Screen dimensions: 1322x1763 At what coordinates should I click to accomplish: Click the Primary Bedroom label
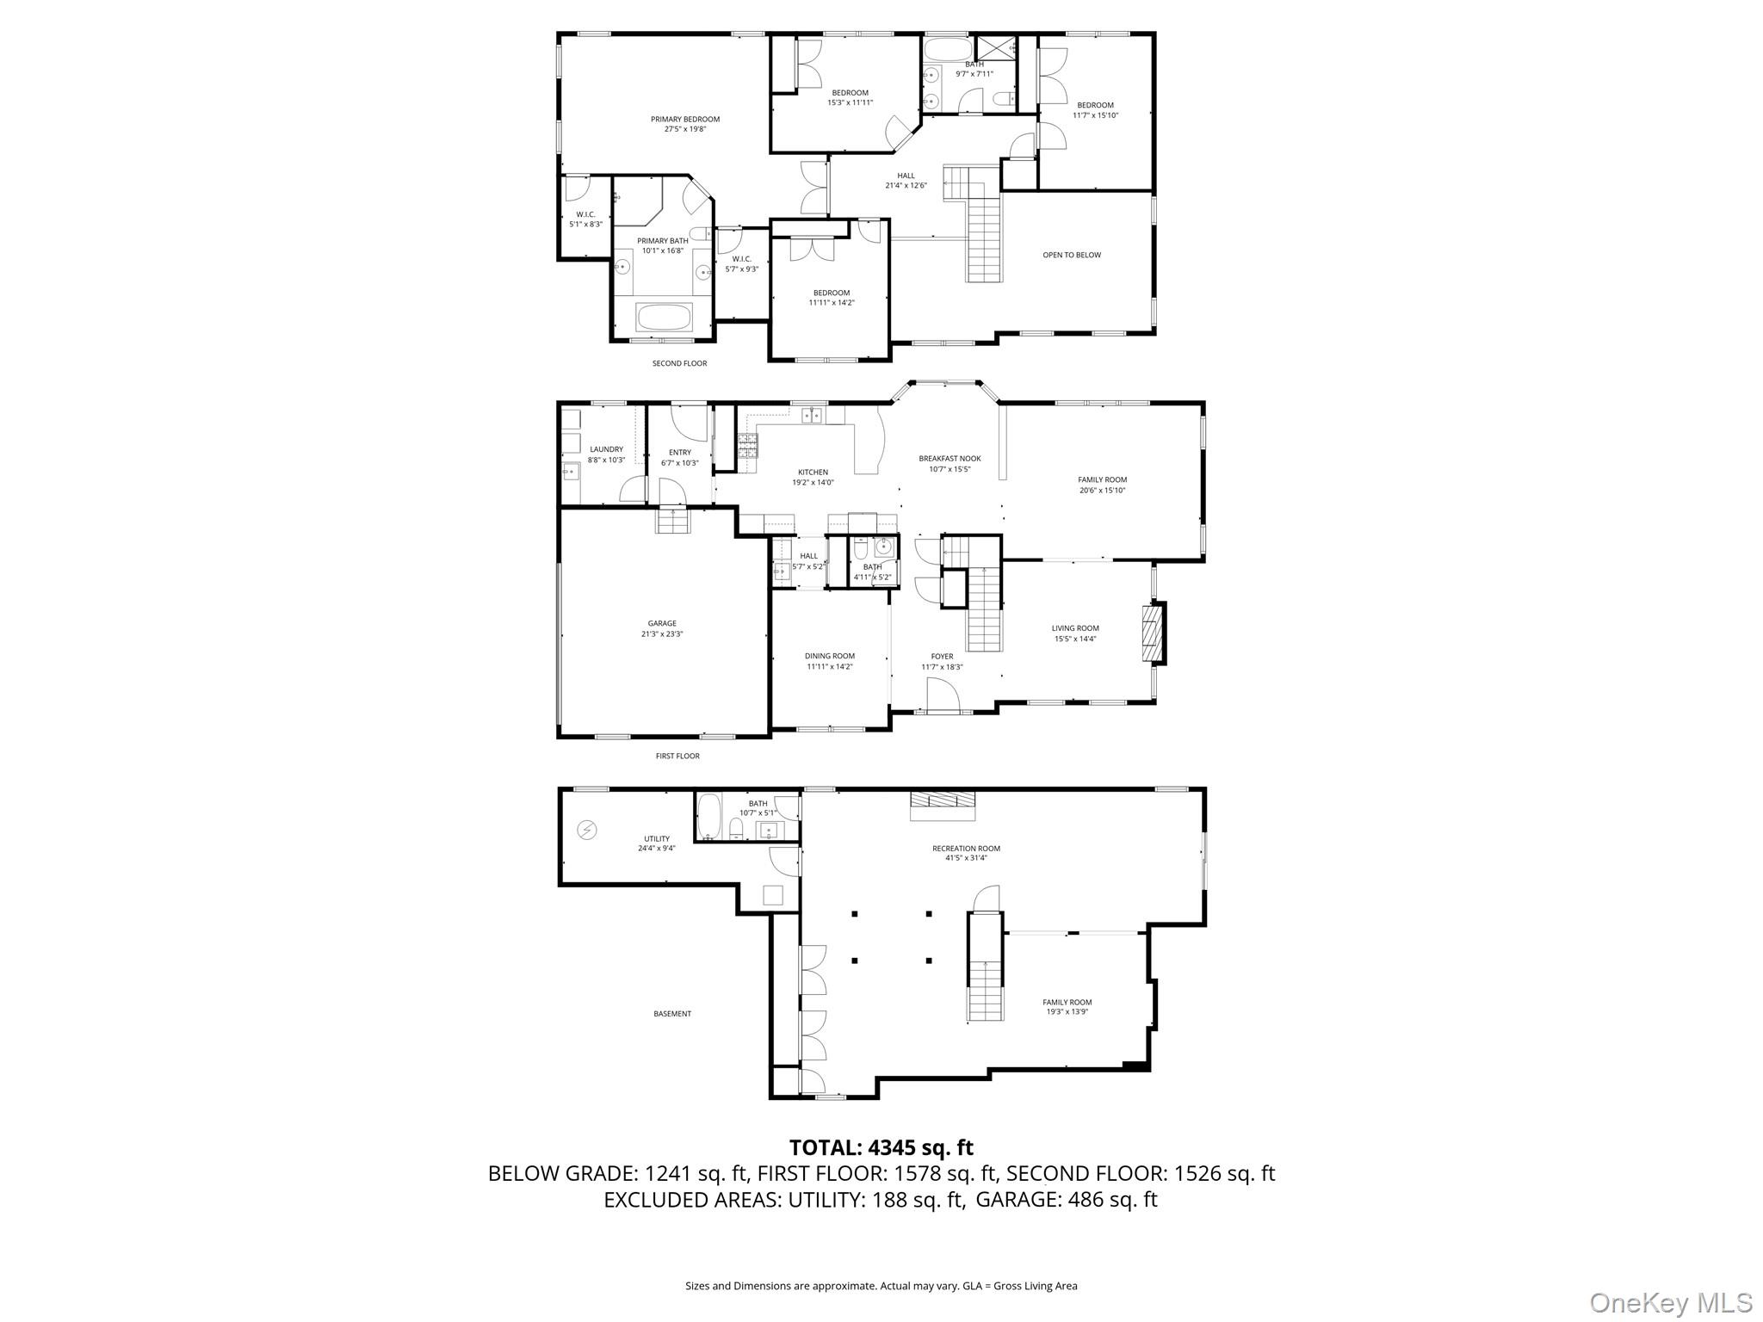tap(684, 124)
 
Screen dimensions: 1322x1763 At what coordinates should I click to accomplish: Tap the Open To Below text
tap(1071, 255)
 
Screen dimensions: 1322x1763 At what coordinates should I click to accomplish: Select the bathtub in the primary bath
tap(663, 317)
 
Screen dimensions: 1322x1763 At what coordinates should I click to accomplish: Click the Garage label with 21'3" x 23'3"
tap(662, 628)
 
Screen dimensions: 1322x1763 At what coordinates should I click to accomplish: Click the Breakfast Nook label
tap(950, 464)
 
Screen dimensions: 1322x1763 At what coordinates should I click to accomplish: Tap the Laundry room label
tap(606, 454)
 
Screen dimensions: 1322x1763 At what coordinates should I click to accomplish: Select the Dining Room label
tap(829, 661)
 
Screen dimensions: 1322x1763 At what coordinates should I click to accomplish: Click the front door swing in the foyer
tap(944, 695)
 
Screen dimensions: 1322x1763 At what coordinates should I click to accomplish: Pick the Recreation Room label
tap(966, 852)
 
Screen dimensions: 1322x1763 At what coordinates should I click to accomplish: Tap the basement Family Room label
tap(1067, 1006)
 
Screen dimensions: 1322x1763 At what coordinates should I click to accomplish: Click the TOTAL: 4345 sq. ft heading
tap(881, 1147)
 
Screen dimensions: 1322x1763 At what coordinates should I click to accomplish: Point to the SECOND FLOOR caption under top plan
tap(679, 363)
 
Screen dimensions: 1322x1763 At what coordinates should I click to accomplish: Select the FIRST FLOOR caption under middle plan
tap(677, 756)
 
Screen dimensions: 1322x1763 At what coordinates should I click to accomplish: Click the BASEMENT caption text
tap(671, 1014)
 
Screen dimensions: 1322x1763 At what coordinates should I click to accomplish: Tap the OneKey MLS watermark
tap(1670, 1302)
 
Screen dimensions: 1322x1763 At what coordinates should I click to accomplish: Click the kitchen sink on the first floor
tap(811, 417)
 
